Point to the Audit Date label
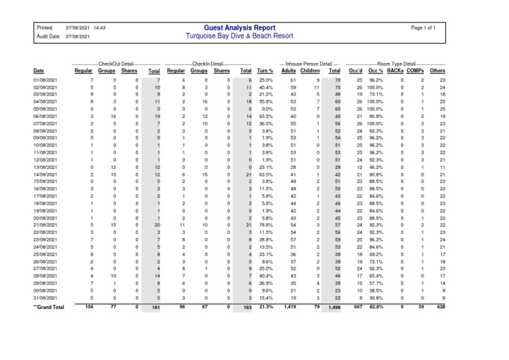click(x=48, y=37)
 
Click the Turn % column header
click(x=265, y=70)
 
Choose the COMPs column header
click(x=415, y=70)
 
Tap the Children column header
click(x=310, y=70)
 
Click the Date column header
click(x=39, y=70)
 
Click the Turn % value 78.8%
click(x=266, y=225)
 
